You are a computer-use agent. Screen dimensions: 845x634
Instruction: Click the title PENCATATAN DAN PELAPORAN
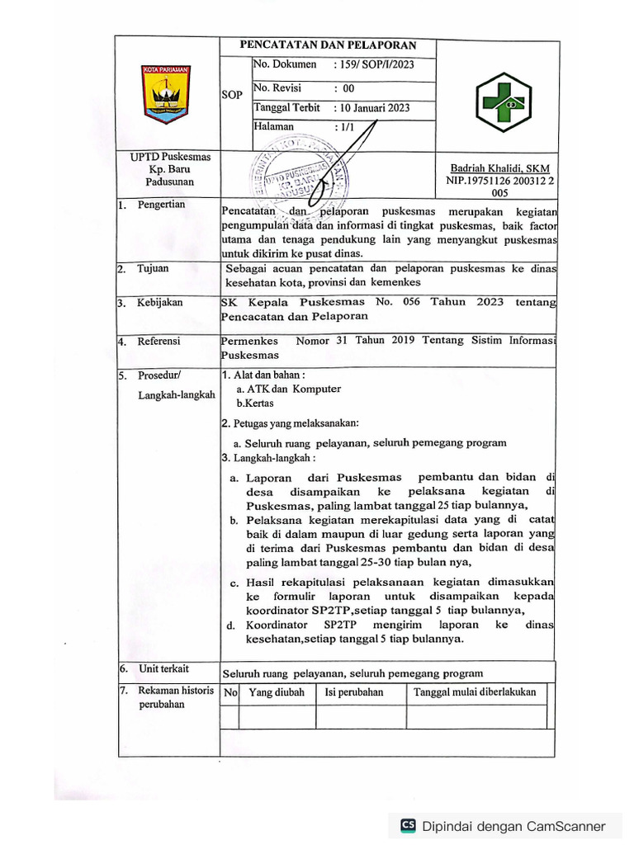(328, 45)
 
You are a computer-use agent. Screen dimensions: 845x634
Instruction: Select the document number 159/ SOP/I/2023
(373, 64)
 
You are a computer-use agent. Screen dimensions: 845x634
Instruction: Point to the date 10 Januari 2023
(371, 108)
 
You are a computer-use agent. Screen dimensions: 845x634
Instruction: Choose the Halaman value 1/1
(342, 128)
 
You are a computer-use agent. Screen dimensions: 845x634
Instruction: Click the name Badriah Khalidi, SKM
(499, 168)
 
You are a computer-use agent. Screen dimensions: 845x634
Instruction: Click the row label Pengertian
(161, 205)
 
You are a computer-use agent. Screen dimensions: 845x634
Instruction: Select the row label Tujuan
(153, 269)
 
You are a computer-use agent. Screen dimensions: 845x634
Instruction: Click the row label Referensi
(158, 341)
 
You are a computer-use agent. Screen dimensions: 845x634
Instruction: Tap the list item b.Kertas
(255, 404)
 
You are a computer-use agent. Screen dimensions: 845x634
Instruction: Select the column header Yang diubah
(277, 692)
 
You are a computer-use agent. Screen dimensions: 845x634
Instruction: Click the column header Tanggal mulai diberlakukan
(475, 692)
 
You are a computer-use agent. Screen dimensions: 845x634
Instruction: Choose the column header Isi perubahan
(354, 692)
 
